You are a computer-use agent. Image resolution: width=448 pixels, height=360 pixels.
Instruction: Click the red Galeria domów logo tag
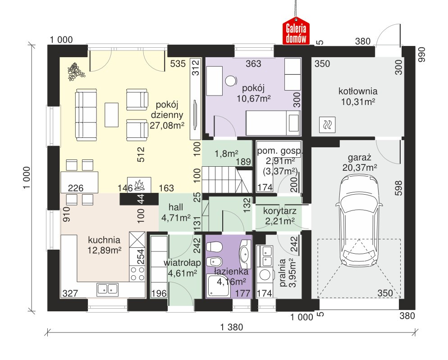tap(296, 32)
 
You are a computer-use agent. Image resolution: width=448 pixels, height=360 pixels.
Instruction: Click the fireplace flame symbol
tap(139, 185)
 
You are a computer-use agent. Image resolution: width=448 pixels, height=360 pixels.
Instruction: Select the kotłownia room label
tap(358, 91)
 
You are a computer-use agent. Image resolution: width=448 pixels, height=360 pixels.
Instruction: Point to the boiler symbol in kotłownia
tap(327, 125)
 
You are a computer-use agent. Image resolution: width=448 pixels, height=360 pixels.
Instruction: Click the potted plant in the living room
tap(76, 72)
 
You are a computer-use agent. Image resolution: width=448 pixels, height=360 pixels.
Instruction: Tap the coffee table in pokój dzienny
tap(111, 115)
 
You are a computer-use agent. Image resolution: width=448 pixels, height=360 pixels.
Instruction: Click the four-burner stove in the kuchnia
tap(137, 273)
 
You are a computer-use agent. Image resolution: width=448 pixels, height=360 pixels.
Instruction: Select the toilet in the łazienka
tap(214, 247)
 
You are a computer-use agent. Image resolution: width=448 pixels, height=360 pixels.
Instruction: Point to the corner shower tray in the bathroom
tap(218, 285)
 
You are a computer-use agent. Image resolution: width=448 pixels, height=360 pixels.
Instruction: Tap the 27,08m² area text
tap(167, 125)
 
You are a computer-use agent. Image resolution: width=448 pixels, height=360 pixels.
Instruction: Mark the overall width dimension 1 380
tap(231, 327)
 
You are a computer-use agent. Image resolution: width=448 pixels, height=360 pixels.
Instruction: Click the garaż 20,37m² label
tap(359, 162)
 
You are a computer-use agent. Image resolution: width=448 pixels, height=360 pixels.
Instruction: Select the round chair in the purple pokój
tap(231, 81)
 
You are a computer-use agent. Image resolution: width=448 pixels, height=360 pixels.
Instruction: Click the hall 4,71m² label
tap(176, 213)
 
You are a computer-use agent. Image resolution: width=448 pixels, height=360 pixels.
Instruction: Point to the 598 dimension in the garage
tap(399, 188)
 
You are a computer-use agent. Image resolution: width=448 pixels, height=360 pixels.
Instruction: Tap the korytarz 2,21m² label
tap(279, 216)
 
